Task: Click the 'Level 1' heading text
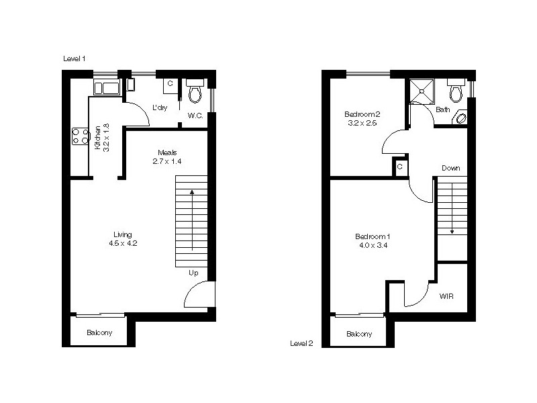[74, 59]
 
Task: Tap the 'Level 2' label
[301, 343]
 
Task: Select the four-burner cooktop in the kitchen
[81, 136]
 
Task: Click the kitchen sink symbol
[107, 87]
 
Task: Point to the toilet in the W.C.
[195, 91]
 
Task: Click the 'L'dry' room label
[160, 107]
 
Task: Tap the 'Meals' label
[168, 152]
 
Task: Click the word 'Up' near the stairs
[193, 273]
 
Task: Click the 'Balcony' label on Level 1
[99, 333]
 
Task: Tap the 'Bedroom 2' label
[362, 114]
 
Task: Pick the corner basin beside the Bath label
[462, 118]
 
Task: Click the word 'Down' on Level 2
[451, 168]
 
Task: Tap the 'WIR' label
[447, 296]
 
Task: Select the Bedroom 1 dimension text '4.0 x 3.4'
[373, 245]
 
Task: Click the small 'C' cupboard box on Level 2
[399, 167]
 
